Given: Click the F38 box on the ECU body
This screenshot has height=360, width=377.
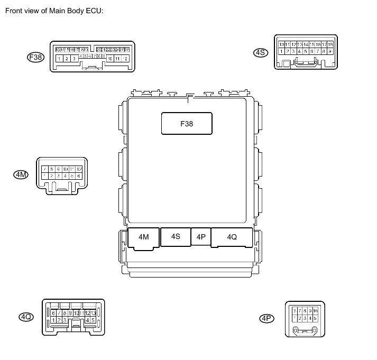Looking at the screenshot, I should click(x=186, y=124).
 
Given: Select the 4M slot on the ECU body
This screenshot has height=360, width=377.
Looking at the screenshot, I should click(x=144, y=237).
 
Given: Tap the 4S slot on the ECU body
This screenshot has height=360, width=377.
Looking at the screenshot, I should click(x=176, y=237).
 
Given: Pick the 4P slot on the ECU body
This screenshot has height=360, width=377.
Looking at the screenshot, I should click(x=201, y=237).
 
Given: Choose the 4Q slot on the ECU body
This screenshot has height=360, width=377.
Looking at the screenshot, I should click(x=232, y=237).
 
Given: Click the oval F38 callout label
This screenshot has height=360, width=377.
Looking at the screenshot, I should click(x=35, y=58).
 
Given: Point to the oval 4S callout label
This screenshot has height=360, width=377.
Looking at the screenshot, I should click(x=261, y=52).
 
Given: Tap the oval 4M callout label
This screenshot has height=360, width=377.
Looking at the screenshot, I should click(x=21, y=174).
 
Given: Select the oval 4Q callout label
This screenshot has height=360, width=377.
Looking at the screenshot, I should click(x=26, y=317).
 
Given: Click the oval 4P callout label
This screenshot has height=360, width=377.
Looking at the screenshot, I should click(x=266, y=318).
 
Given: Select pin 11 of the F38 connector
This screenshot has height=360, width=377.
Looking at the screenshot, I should click(x=117, y=58).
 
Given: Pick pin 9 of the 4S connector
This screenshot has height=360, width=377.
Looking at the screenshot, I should click(x=330, y=51).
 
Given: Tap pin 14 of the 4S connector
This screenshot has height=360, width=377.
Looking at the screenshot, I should click(x=306, y=44).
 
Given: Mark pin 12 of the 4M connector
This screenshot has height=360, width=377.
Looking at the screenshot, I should click(x=79, y=169).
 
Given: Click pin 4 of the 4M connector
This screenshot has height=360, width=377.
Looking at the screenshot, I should click(x=65, y=176).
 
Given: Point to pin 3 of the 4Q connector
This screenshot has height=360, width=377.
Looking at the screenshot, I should click(x=65, y=320).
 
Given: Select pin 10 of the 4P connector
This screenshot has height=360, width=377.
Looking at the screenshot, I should click(x=315, y=311).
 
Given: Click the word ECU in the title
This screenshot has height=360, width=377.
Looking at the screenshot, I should click(x=90, y=11).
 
